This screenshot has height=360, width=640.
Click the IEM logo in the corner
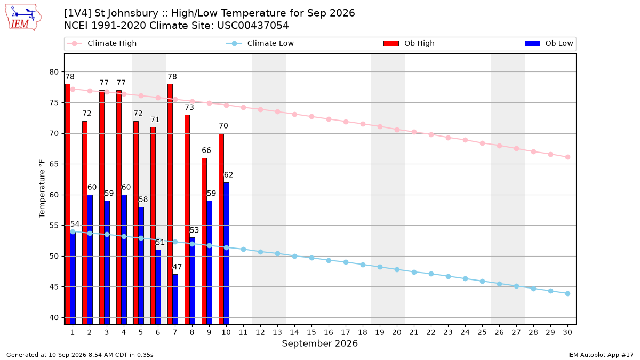pyautogui.click(x=23, y=18)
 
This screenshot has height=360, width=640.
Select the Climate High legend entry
pyautogui.click(x=101, y=43)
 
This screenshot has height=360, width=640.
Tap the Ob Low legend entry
pyautogui.click(x=549, y=43)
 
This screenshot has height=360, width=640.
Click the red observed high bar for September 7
pyautogui.click(x=170, y=204)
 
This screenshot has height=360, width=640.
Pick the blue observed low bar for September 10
pyautogui.click(x=226, y=253)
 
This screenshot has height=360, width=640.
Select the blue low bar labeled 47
pyautogui.click(x=175, y=299)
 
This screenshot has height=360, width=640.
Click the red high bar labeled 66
pyautogui.click(x=204, y=241)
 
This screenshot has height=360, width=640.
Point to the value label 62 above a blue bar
pyautogui.click(x=228, y=175)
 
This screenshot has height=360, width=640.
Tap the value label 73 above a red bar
pyautogui.click(x=189, y=107)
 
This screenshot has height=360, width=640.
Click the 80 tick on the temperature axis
pyautogui.click(x=54, y=72)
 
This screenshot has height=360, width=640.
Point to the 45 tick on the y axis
pyautogui.click(x=54, y=287)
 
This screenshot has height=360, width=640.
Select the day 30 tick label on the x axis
pyautogui.click(x=567, y=332)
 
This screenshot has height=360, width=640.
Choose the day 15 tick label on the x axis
pyautogui.click(x=311, y=332)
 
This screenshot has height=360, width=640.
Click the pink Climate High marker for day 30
pyautogui.click(x=567, y=157)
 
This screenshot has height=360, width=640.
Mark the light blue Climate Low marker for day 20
pyautogui.click(x=397, y=269)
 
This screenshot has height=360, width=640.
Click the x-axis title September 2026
pyautogui.click(x=319, y=343)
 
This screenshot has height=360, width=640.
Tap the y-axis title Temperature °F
pyautogui.click(x=42, y=189)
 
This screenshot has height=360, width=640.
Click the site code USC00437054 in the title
pyautogui.click(x=253, y=26)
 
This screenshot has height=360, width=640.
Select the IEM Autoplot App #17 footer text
pyautogui.click(x=601, y=355)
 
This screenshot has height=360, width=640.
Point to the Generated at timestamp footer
pyautogui.click(x=79, y=355)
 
